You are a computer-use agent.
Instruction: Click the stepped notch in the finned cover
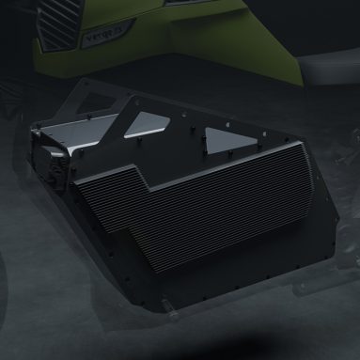click(x=141, y=179)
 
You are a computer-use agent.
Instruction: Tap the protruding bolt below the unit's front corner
click(x=168, y=305)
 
